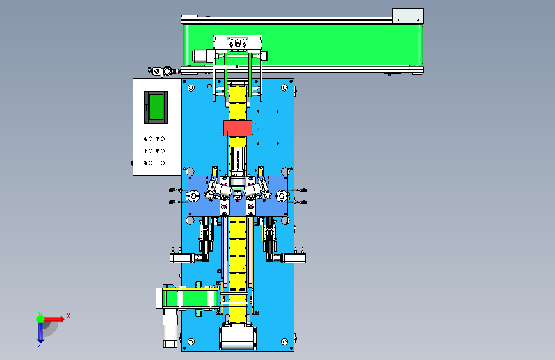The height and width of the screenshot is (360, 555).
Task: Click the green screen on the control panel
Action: (x=156, y=107)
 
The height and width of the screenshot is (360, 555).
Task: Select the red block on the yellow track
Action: (x=237, y=128)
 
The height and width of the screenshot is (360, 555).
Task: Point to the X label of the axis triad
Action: (x=68, y=316)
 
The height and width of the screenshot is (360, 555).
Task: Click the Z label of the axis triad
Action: (x=40, y=344)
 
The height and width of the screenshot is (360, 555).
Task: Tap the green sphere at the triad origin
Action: (x=41, y=319)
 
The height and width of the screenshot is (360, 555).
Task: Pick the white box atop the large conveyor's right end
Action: (x=408, y=16)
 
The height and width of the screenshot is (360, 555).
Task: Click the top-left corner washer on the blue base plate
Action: (x=191, y=88)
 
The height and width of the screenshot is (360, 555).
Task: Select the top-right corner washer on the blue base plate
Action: (x=284, y=88)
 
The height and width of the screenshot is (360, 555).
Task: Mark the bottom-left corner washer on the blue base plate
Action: (x=191, y=341)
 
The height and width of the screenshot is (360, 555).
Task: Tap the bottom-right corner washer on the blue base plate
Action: (x=284, y=341)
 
